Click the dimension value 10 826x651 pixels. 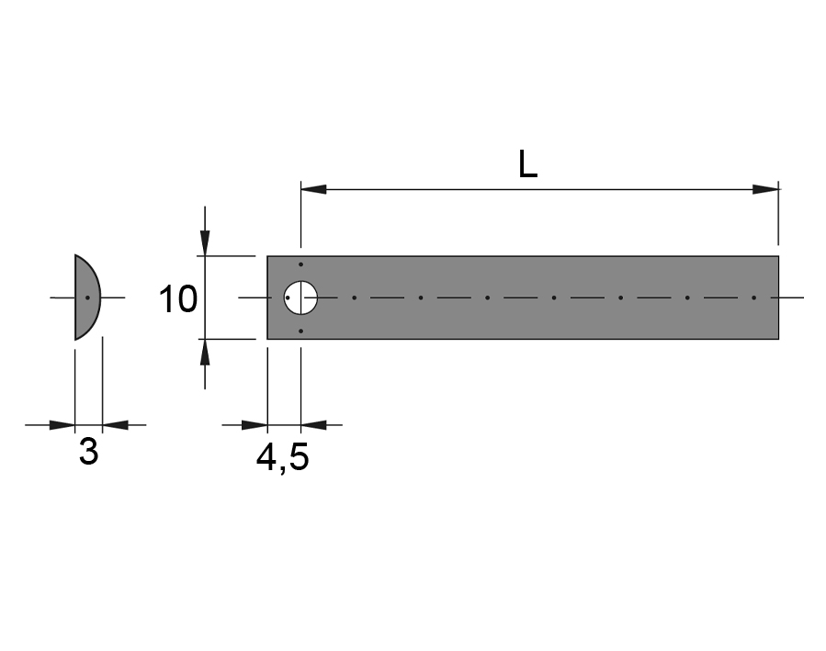[x=178, y=299]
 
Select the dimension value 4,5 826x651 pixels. [x=282, y=456]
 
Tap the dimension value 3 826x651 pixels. [x=88, y=452]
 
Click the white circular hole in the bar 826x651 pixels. [x=300, y=297]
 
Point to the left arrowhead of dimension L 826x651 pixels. [x=313, y=189]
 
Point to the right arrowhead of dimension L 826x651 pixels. [x=765, y=189]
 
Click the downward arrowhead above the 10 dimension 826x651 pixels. [x=205, y=242]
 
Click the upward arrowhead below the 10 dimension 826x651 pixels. [x=205, y=353]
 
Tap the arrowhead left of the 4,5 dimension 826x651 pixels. [x=255, y=425]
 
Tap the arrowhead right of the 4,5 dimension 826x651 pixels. [x=313, y=425]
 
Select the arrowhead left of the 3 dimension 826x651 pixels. [x=62, y=425]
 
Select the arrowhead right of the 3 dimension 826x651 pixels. [x=114, y=425]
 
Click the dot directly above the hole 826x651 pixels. [x=300, y=264]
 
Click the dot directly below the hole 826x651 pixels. [x=300, y=331]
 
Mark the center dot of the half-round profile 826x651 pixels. [x=87, y=297]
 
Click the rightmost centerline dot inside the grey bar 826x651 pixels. [x=753, y=297]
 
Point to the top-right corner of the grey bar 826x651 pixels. [x=778, y=256]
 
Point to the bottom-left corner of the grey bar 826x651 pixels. [x=267, y=339]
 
